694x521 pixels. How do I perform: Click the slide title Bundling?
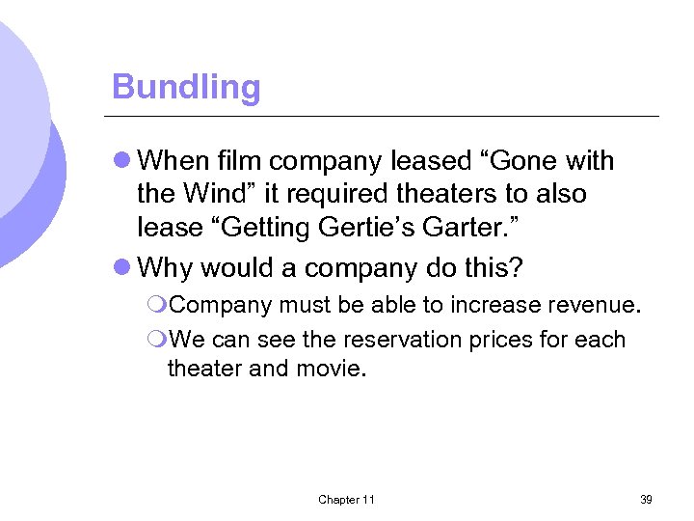[186, 87]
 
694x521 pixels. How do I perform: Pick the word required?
[326, 194]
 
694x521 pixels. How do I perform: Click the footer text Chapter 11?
[346, 499]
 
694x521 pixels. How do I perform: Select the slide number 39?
[646, 499]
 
